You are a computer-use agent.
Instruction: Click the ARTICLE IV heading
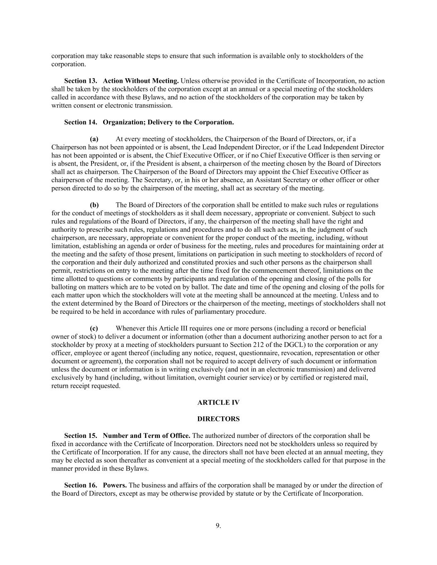218,402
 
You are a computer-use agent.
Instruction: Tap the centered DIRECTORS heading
218,419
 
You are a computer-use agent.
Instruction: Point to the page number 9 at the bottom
218,526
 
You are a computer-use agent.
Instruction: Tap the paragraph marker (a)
94,139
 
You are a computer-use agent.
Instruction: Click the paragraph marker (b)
94,205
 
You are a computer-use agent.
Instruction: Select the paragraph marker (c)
94,328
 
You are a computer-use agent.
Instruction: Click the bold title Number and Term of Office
147,435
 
